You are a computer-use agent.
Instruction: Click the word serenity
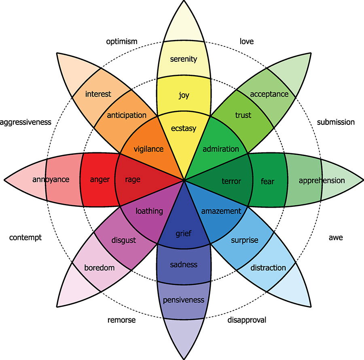(x=183, y=59)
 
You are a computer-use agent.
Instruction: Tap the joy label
(x=184, y=95)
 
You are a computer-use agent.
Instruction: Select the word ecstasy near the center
(x=184, y=128)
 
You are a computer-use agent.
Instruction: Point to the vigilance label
(x=148, y=149)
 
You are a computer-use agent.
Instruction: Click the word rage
(x=133, y=180)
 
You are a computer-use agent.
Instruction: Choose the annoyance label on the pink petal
(x=51, y=179)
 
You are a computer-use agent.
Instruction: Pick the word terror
(x=231, y=181)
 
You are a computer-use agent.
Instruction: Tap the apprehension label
(x=322, y=181)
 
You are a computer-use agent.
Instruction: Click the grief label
(x=183, y=234)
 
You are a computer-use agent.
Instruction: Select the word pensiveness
(x=184, y=300)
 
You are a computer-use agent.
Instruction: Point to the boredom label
(x=99, y=268)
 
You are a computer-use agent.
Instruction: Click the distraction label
(x=268, y=268)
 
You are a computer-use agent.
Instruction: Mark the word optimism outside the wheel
(x=122, y=42)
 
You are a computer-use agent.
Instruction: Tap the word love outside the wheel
(x=247, y=42)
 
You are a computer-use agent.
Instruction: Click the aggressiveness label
(x=25, y=122)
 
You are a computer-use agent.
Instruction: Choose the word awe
(x=336, y=238)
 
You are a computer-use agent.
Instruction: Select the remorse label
(x=121, y=320)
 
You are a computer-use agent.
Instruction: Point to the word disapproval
(x=247, y=320)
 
